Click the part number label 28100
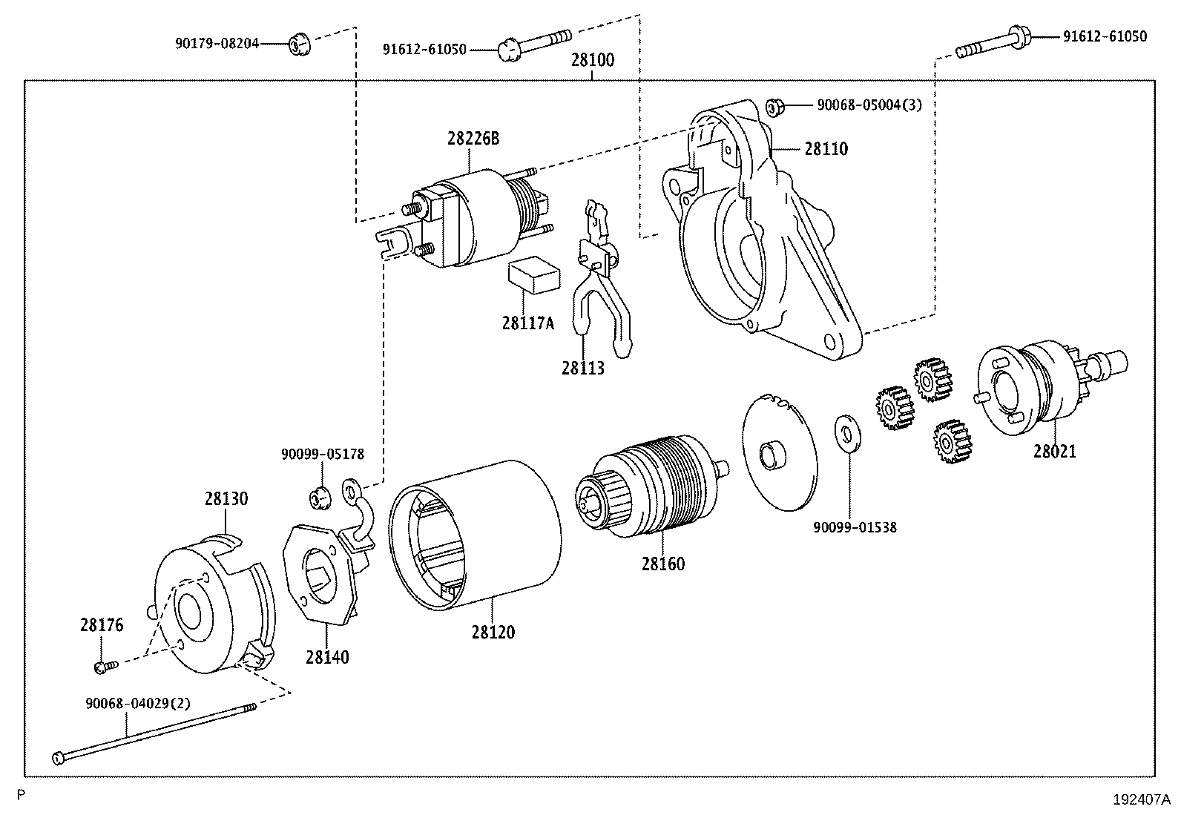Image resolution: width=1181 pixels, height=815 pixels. tap(592, 61)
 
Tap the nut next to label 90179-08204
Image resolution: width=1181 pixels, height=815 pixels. tap(298, 44)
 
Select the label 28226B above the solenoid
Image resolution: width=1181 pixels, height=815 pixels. tap(473, 138)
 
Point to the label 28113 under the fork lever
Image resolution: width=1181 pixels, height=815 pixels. tap(582, 368)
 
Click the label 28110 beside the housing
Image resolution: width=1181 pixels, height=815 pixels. tap(826, 149)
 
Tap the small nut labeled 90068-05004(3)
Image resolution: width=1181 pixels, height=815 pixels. tap(774, 108)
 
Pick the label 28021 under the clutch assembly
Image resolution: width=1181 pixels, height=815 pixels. tap(1054, 451)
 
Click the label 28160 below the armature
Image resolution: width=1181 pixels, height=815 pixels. tap(663, 564)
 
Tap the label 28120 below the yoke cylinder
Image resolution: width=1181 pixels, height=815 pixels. tap(492, 632)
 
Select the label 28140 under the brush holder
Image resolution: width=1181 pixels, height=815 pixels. tap(327, 656)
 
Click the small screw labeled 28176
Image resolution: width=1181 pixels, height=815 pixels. tap(103, 667)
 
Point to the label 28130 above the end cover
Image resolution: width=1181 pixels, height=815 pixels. tap(226, 499)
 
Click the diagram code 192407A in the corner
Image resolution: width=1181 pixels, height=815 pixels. tap(1141, 799)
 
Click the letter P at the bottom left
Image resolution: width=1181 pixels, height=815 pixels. tap(22, 794)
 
